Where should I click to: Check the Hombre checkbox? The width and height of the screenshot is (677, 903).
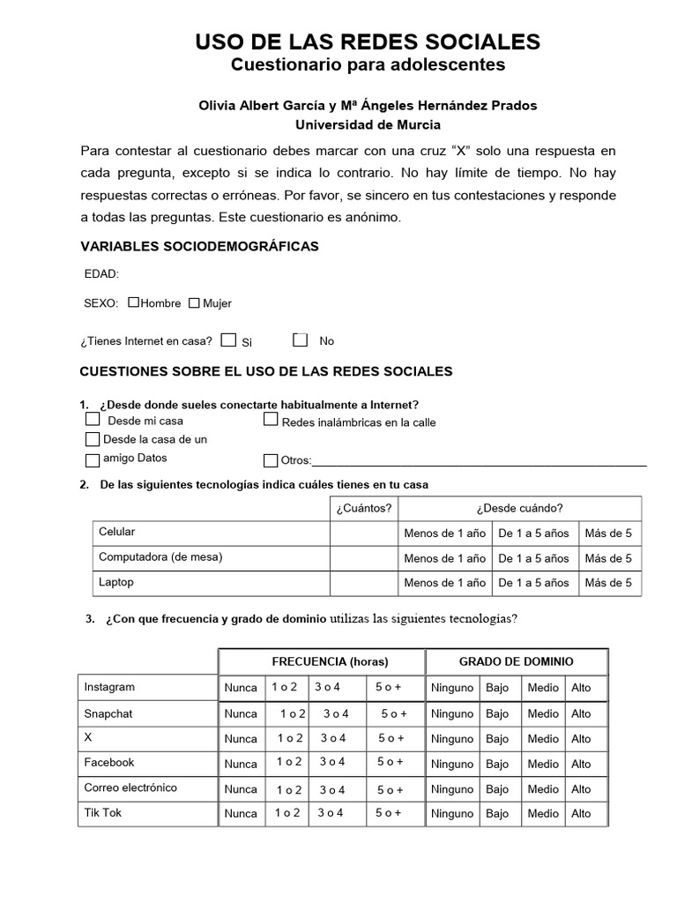pyautogui.click(x=134, y=302)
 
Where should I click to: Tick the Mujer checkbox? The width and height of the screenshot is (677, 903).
pyautogui.click(x=194, y=302)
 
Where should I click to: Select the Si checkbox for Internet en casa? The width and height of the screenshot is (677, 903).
pyautogui.click(x=228, y=340)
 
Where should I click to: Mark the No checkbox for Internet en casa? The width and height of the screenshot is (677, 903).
pyautogui.click(x=301, y=340)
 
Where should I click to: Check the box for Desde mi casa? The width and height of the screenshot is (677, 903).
pyautogui.click(x=93, y=420)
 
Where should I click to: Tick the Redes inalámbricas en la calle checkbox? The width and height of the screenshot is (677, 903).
pyautogui.click(x=272, y=420)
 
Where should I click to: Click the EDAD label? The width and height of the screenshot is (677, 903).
pyautogui.click(x=101, y=274)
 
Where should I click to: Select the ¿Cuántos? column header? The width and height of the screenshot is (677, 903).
pyautogui.click(x=363, y=508)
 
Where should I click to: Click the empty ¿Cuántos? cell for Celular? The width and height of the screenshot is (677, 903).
pyautogui.click(x=363, y=533)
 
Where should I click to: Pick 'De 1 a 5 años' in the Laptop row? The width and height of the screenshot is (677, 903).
pyautogui.click(x=533, y=583)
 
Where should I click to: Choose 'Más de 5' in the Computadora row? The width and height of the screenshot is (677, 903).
pyautogui.click(x=608, y=558)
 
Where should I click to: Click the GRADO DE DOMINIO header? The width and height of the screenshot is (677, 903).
pyautogui.click(x=516, y=661)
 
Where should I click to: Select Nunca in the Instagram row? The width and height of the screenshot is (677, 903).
pyautogui.click(x=241, y=688)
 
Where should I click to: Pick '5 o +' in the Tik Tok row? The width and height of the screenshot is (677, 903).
pyautogui.click(x=389, y=813)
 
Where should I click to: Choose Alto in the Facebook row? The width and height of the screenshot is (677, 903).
pyautogui.click(x=581, y=764)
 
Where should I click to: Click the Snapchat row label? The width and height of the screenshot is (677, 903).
pyautogui.click(x=108, y=713)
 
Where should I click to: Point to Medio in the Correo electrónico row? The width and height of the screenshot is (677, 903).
pyautogui.click(x=543, y=789)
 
